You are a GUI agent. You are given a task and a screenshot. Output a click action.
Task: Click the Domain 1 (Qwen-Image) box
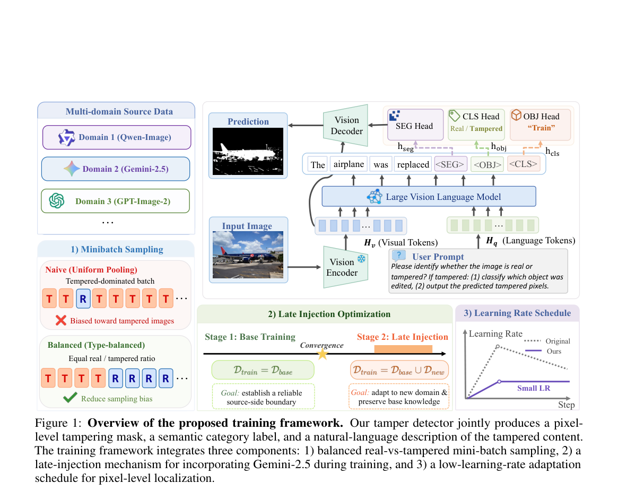117,137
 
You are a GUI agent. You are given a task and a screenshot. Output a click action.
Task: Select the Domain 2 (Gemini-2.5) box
116,169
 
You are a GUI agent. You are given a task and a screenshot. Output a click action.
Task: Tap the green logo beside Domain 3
57,201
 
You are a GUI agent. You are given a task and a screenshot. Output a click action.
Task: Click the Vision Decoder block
346,126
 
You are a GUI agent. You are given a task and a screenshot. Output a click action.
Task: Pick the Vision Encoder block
346,267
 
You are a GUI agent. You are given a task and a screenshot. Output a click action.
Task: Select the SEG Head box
415,125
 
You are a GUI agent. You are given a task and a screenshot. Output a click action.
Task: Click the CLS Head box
476,125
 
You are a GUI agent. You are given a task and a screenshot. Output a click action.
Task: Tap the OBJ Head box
541,125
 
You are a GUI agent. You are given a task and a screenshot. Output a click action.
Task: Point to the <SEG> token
450,164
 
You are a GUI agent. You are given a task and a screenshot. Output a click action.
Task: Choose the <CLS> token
524,164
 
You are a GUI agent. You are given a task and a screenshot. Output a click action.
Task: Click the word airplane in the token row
349,164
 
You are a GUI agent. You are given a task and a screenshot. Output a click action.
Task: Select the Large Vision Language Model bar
429,197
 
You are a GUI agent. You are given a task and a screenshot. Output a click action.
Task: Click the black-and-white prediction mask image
248,151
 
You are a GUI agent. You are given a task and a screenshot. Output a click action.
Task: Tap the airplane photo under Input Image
248,255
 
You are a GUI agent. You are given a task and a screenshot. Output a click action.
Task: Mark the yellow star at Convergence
323,353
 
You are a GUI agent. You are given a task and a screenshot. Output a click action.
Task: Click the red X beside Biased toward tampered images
61,320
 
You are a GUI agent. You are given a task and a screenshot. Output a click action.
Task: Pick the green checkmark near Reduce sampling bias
70,398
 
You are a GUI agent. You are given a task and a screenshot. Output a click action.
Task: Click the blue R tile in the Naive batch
83,298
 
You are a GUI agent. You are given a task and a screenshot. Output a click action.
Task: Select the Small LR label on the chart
533,389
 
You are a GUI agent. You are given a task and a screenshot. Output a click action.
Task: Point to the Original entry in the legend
558,341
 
